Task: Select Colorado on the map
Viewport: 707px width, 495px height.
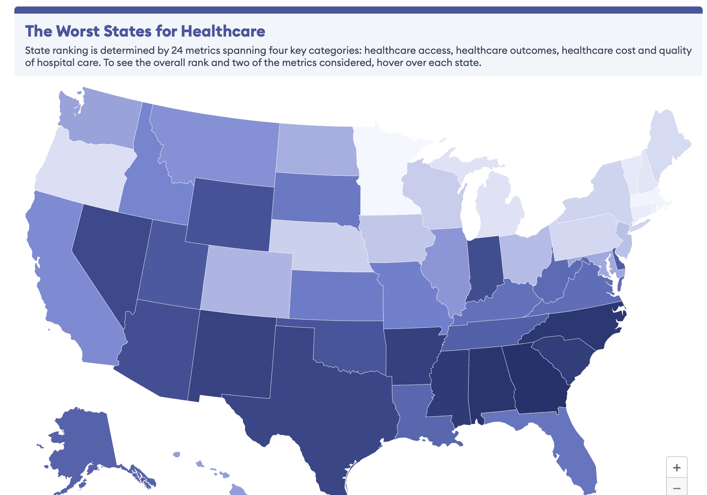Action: (247, 282)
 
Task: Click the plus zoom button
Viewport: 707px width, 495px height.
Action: (677, 467)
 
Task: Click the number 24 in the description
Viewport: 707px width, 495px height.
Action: (177, 50)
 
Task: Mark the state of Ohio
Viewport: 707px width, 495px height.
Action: (523, 258)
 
